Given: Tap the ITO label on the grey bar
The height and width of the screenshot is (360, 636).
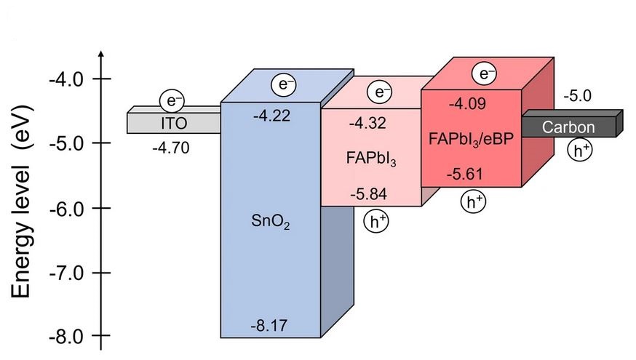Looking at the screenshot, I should [173, 124].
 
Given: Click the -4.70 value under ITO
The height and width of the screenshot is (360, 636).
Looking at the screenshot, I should [170, 148].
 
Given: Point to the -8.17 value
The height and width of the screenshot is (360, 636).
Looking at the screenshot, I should [269, 327].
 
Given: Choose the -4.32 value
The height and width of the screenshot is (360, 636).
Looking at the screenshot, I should [367, 124].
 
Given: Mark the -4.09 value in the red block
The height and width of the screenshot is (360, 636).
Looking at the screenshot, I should [469, 103].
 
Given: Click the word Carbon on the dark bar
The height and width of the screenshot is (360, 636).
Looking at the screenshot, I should [568, 128].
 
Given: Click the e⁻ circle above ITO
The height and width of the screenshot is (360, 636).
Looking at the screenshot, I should [172, 100].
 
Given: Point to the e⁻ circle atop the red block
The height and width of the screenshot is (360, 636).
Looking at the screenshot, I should [484, 73].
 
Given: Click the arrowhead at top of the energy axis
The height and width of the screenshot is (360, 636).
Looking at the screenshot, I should [101, 55].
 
